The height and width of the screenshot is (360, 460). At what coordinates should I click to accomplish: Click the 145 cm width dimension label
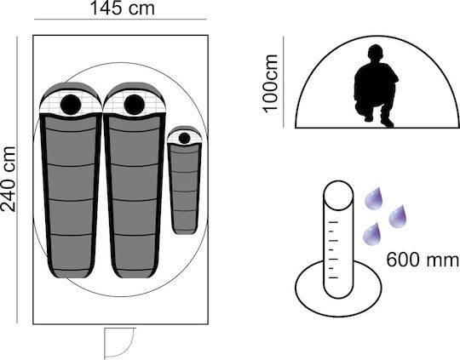123,8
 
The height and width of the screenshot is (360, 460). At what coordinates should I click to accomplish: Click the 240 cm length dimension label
8,179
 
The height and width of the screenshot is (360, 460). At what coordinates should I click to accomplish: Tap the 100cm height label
270,83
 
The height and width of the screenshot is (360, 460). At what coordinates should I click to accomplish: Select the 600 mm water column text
423,260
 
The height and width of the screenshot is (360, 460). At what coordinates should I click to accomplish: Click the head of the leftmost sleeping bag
71,105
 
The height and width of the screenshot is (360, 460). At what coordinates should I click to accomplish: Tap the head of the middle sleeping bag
135,105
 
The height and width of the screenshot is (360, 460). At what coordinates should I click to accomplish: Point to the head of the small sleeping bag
184,138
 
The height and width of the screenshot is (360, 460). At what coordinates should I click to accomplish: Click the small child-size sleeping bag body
184,187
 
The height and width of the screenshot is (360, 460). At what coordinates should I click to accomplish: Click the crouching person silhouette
376,86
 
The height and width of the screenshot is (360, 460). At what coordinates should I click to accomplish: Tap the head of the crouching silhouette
376,53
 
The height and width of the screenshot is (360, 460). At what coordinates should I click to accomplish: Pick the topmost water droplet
374,198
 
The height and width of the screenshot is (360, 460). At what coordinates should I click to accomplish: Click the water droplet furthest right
398,216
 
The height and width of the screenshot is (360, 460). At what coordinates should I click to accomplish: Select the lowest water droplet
372,234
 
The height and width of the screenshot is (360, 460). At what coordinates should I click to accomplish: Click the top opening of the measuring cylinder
338,195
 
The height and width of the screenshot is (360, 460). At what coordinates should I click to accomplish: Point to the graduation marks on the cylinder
334,249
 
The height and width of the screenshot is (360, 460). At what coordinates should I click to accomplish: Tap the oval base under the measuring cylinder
338,305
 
